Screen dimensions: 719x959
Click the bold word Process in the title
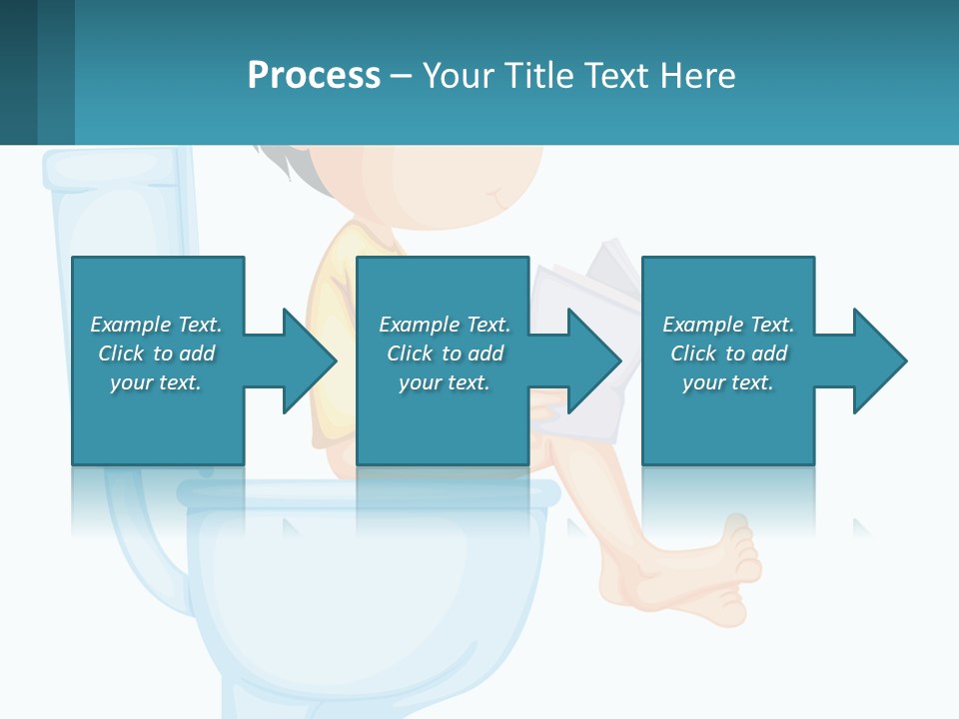coord(314,76)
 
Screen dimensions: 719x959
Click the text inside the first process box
coord(157,354)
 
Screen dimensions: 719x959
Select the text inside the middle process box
coord(445,354)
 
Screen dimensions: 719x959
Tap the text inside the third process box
coord(728,354)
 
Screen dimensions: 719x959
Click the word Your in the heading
coord(456,76)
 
